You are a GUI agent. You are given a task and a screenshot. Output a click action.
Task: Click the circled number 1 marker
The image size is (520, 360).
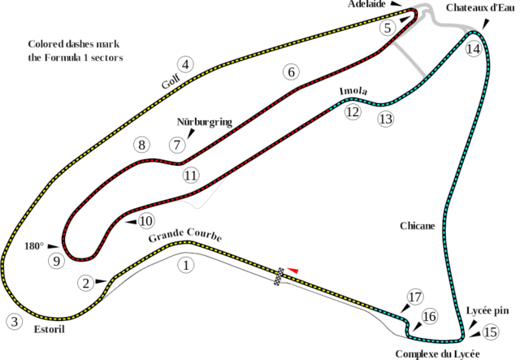pyautogui.click(x=188, y=263)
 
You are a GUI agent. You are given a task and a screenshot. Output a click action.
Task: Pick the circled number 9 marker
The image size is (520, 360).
pyautogui.click(x=55, y=261)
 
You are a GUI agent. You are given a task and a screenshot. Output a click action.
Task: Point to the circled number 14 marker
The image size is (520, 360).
pyautogui.click(x=474, y=48)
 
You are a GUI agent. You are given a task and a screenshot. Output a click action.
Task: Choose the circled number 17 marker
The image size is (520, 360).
pyautogui.click(x=416, y=297)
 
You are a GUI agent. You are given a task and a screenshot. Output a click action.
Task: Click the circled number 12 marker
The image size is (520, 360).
pyautogui.click(x=352, y=113)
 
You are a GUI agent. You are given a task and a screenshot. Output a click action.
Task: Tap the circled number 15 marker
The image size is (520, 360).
pyautogui.click(x=489, y=332)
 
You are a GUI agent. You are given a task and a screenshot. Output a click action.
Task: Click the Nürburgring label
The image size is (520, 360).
pyautogui.click(x=204, y=122)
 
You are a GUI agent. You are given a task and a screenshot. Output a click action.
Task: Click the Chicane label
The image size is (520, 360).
pyautogui.click(x=418, y=225)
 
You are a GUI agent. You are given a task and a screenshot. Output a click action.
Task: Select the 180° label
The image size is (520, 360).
pyautogui.click(x=32, y=244)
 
